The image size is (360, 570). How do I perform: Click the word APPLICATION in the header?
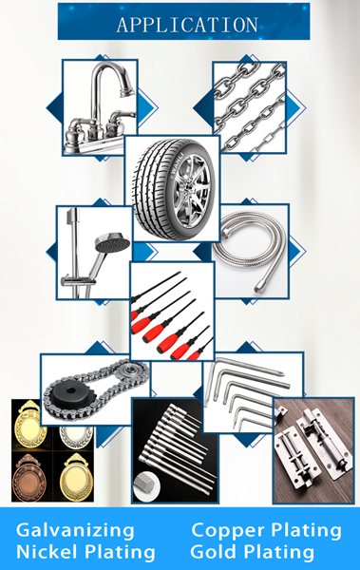pos(187,25)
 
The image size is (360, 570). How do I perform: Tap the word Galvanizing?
pos(75,531)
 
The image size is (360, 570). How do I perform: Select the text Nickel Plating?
pos(85,552)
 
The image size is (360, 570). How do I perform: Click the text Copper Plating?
pos(266,531)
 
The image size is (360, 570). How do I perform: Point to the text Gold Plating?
pos(252,552)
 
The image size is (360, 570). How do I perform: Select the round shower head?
pos(112,242)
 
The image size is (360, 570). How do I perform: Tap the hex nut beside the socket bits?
pos(146,485)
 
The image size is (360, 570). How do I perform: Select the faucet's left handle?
pos(77,124)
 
